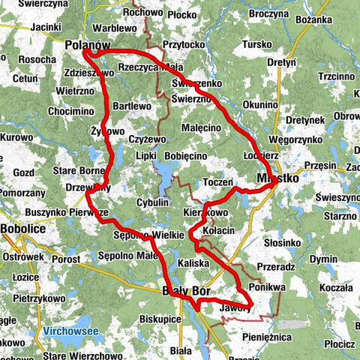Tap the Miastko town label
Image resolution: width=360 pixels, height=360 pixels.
coord(277,179)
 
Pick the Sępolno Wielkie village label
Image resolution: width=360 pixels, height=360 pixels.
coord(148,235)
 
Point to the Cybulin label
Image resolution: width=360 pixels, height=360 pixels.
coord(153,203)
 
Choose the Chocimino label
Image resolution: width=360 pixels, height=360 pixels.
coord(70,111)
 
